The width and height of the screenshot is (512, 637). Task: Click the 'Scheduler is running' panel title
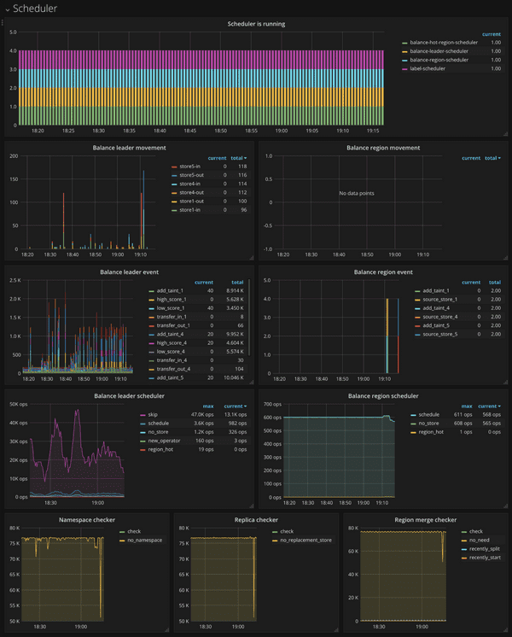(256, 24)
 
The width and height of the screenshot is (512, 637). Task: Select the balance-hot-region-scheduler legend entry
(444, 42)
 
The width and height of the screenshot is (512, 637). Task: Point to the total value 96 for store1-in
(242, 209)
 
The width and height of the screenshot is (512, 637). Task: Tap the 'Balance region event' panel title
(382, 272)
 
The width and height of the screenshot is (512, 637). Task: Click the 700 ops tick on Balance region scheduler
(271, 403)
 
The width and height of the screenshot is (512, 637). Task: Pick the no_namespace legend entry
(147, 540)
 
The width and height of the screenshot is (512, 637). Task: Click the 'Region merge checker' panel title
(423, 519)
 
